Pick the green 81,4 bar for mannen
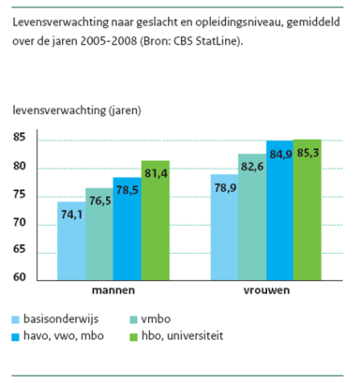click(x=156, y=220)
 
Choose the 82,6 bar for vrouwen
click(x=252, y=216)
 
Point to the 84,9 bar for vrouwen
click(x=280, y=210)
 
